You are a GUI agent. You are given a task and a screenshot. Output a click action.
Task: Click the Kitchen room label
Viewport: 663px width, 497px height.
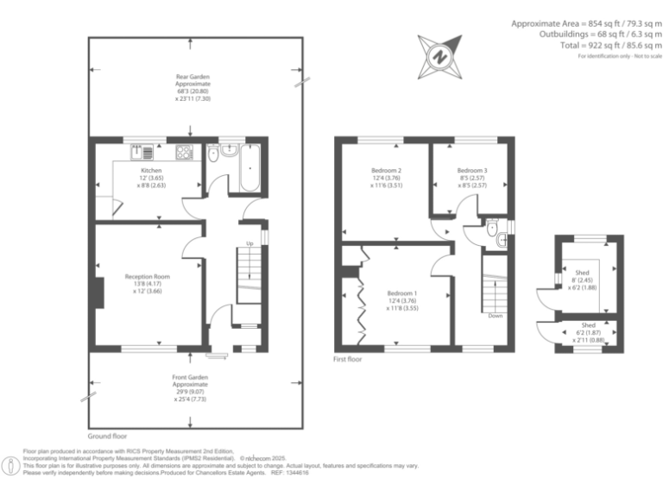pos(151,171)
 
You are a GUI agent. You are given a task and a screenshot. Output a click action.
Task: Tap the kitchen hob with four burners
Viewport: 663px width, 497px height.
pos(184,154)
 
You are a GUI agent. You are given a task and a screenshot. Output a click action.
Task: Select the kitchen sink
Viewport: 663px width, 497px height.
pos(142,154)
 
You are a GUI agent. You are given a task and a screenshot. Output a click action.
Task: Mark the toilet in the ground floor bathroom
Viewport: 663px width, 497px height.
pos(212,155)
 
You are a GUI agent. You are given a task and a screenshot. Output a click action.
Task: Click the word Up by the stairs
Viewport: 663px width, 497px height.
pos(250,244)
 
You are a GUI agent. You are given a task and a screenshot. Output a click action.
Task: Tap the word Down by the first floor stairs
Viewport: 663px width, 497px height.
pos(495,316)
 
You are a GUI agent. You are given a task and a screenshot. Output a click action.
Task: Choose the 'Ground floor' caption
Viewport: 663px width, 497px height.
pos(107,437)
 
